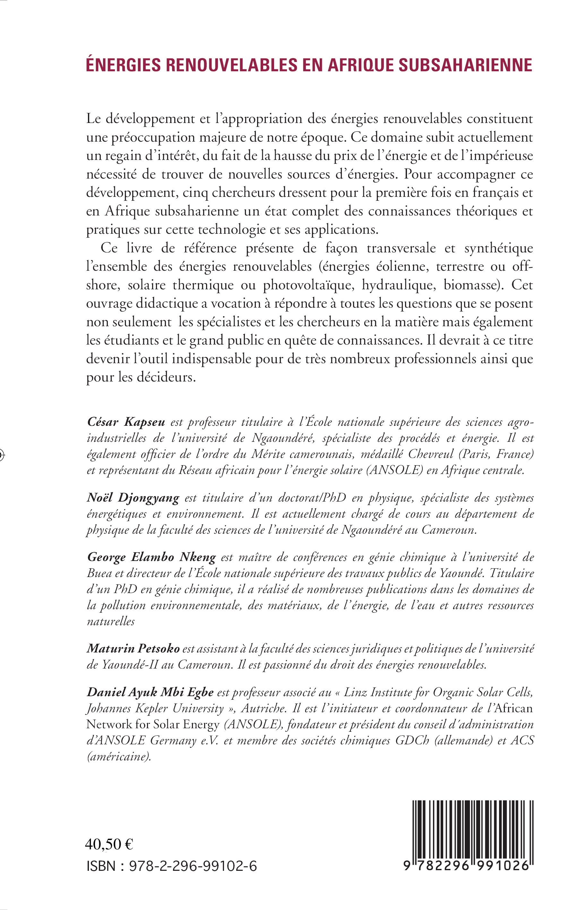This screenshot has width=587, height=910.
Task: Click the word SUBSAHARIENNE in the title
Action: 465,65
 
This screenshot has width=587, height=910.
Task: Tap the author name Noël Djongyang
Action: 133,498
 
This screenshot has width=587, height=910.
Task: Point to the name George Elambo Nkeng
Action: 151,557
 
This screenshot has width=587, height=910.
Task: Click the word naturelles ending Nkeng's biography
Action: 111,621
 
